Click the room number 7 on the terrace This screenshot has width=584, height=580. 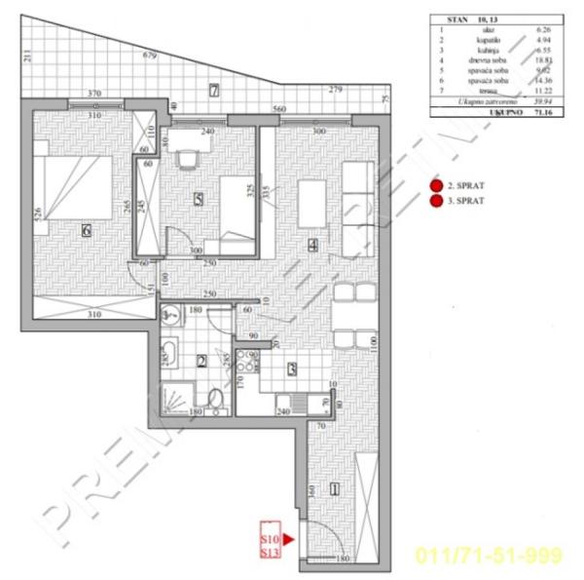214,92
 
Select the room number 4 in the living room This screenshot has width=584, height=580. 311,247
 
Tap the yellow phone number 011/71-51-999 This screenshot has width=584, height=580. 489,556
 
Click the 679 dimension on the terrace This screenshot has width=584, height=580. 148,57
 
